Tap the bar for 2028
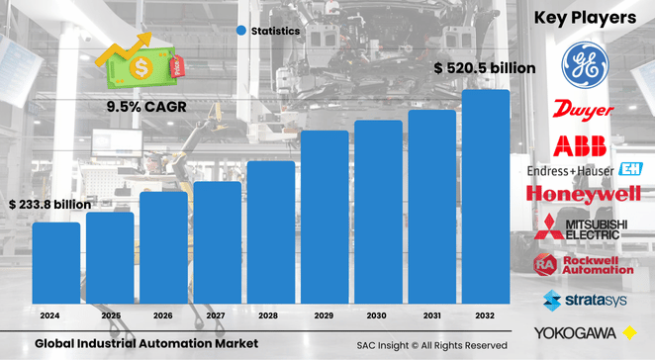click(x=271, y=231)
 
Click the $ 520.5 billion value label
click(x=485, y=68)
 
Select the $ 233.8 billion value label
click(x=49, y=205)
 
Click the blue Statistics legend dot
click(x=240, y=32)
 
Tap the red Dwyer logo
click(x=585, y=109)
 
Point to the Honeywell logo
click(x=585, y=195)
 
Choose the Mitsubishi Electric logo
click(x=586, y=231)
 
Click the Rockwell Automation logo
click(x=585, y=264)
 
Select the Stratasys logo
click(x=586, y=299)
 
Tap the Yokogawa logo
click(x=586, y=332)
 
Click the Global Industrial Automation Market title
click(x=145, y=343)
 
